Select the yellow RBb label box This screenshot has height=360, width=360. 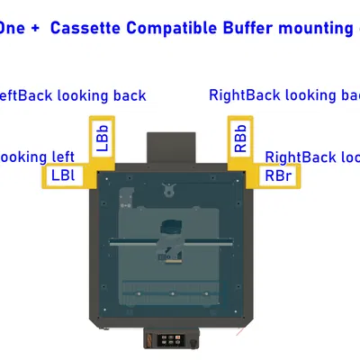tap(240, 139)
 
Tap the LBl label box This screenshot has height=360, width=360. tap(63, 175)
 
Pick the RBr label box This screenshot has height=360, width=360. tap(275, 175)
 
